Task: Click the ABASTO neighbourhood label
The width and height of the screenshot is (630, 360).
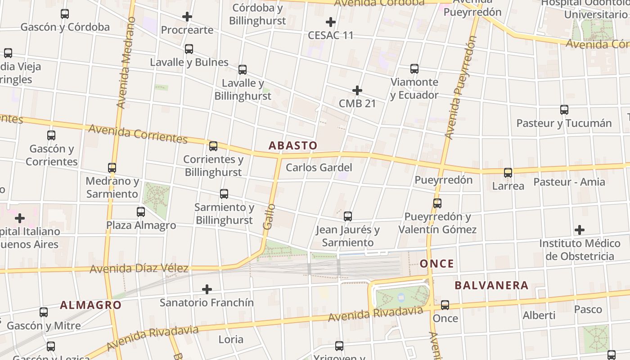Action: click(293, 145)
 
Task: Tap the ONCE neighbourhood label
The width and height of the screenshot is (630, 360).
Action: click(436, 264)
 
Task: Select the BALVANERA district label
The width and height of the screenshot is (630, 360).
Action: click(491, 285)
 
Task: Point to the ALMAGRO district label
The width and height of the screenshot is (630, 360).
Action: click(91, 305)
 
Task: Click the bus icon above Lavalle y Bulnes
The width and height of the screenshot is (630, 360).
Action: click(189, 49)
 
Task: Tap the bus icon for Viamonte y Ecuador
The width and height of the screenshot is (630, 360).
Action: click(414, 69)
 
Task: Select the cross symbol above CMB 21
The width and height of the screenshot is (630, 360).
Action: click(357, 90)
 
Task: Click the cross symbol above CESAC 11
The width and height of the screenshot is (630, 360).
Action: click(331, 22)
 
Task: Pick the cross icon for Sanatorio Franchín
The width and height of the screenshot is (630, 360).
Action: click(207, 289)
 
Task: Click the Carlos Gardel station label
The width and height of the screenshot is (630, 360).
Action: click(319, 168)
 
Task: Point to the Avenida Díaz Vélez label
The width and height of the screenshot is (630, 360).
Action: click(139, 269)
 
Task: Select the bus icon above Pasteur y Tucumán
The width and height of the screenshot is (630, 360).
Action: click(564, 110)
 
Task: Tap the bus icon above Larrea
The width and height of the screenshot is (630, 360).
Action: click(508, 173)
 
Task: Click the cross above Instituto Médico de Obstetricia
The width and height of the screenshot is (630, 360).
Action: click(580, 230)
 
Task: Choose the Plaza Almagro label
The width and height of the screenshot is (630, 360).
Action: click(141, 225)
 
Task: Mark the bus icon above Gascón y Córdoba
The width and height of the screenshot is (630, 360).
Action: click(65, 14)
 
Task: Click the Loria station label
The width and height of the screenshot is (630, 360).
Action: click(231, 339)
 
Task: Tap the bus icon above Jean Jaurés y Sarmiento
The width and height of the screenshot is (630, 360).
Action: click(348, 216)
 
